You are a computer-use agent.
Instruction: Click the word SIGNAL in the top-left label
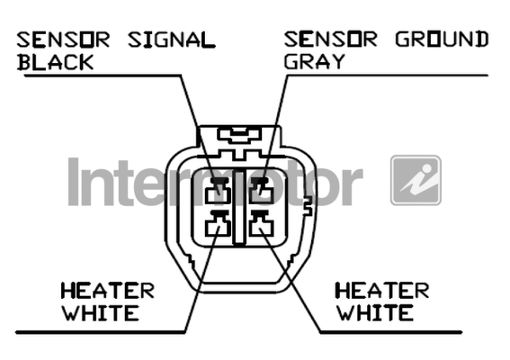tap(172, 40)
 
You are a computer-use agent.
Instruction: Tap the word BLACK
tap(56, 62)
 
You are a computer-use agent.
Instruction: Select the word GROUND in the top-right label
tap(442, 40)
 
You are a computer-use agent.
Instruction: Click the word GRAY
tap(315, 61)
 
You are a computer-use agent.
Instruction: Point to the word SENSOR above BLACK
tap(64, 40)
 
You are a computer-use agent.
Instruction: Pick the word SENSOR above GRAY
tap(331, 40)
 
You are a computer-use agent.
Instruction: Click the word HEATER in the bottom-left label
tap(108, 291)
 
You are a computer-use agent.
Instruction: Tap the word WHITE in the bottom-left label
tap(101, 313)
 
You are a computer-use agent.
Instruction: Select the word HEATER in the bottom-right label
tap(382, 291)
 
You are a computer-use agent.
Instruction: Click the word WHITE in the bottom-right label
tap(375, 313)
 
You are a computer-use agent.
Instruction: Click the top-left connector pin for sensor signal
tap(219, 191)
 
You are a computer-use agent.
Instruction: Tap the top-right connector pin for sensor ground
tap(261, 191)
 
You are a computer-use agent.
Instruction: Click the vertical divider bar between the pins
tap(239, 207)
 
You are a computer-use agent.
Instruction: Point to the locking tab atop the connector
tap(240, 136)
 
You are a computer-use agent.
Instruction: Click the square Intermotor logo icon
tap(416, 180)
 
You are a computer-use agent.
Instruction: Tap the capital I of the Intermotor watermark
tap(74, 182)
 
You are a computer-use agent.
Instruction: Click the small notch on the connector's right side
tap(308, 206)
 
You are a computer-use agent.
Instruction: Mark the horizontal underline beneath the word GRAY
tap(388, 76)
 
